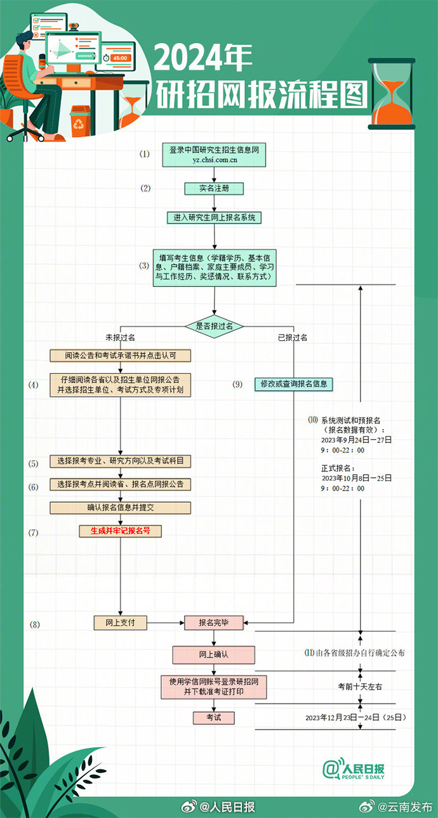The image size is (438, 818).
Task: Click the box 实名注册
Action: (214, 188)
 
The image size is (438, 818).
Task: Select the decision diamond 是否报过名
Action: (214, 326)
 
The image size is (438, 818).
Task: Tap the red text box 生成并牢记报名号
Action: (120, 531)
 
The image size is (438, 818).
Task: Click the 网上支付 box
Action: (120, 623)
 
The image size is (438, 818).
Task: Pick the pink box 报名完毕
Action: (214, 623)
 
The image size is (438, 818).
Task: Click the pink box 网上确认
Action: (213, 654)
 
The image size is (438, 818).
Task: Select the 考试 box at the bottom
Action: (213, 718)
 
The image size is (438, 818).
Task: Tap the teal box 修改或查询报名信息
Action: (294, 384)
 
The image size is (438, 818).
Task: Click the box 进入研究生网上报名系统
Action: (214, 217)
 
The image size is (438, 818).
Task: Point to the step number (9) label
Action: (237, 384)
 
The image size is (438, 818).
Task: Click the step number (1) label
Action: (145, 154)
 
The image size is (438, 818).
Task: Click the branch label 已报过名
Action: (293, 338)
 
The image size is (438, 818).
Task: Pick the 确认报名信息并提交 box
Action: (120, 508)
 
